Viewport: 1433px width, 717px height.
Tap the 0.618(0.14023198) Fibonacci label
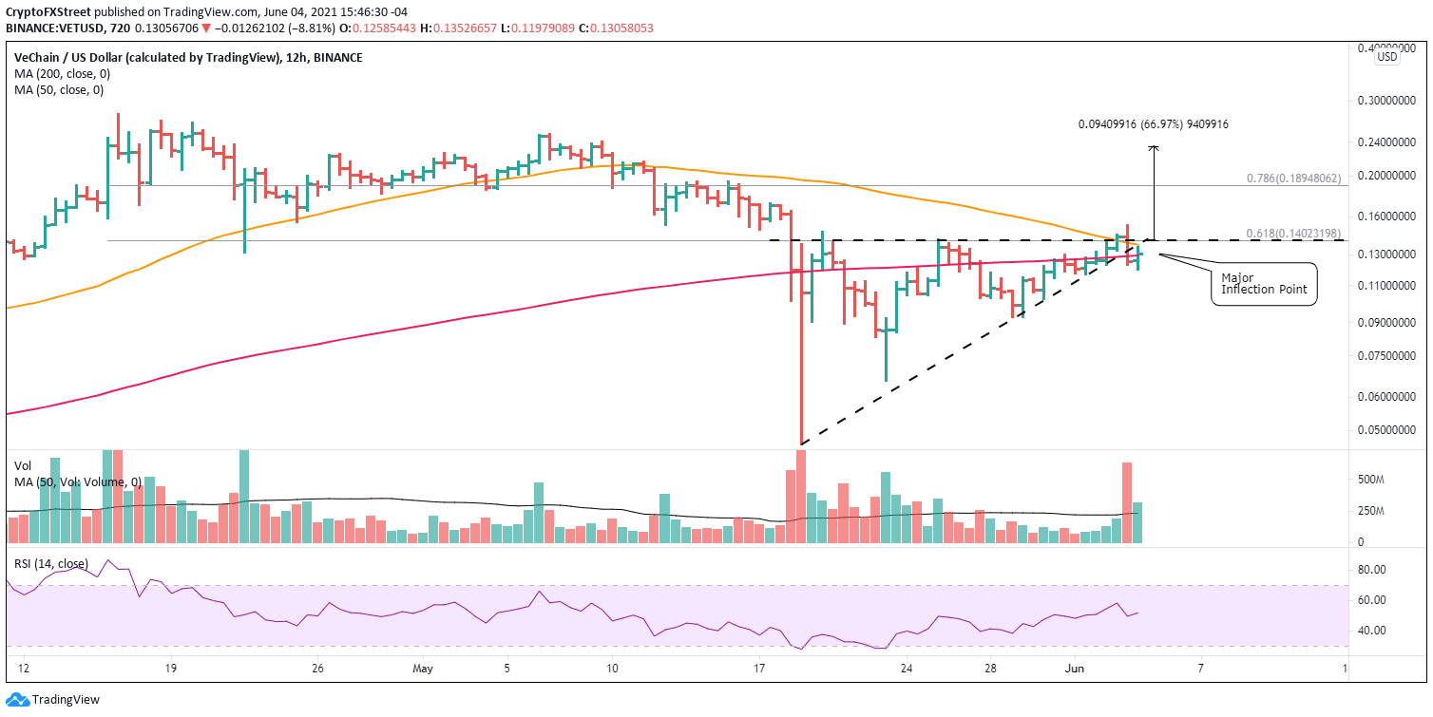[x=1292, y=234]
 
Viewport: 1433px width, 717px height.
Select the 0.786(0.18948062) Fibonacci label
[x=1292, y=178]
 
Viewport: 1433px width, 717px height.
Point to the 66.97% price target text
[x=1159, y=123]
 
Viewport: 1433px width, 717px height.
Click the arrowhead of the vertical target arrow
[x=1154, y=148]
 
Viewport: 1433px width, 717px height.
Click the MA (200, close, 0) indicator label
[x=58, y=73]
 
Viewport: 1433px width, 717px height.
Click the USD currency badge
[x=1387, y=57]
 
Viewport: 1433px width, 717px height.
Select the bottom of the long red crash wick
[x=801, y=443]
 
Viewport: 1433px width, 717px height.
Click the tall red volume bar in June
[x=1127, y=502]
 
